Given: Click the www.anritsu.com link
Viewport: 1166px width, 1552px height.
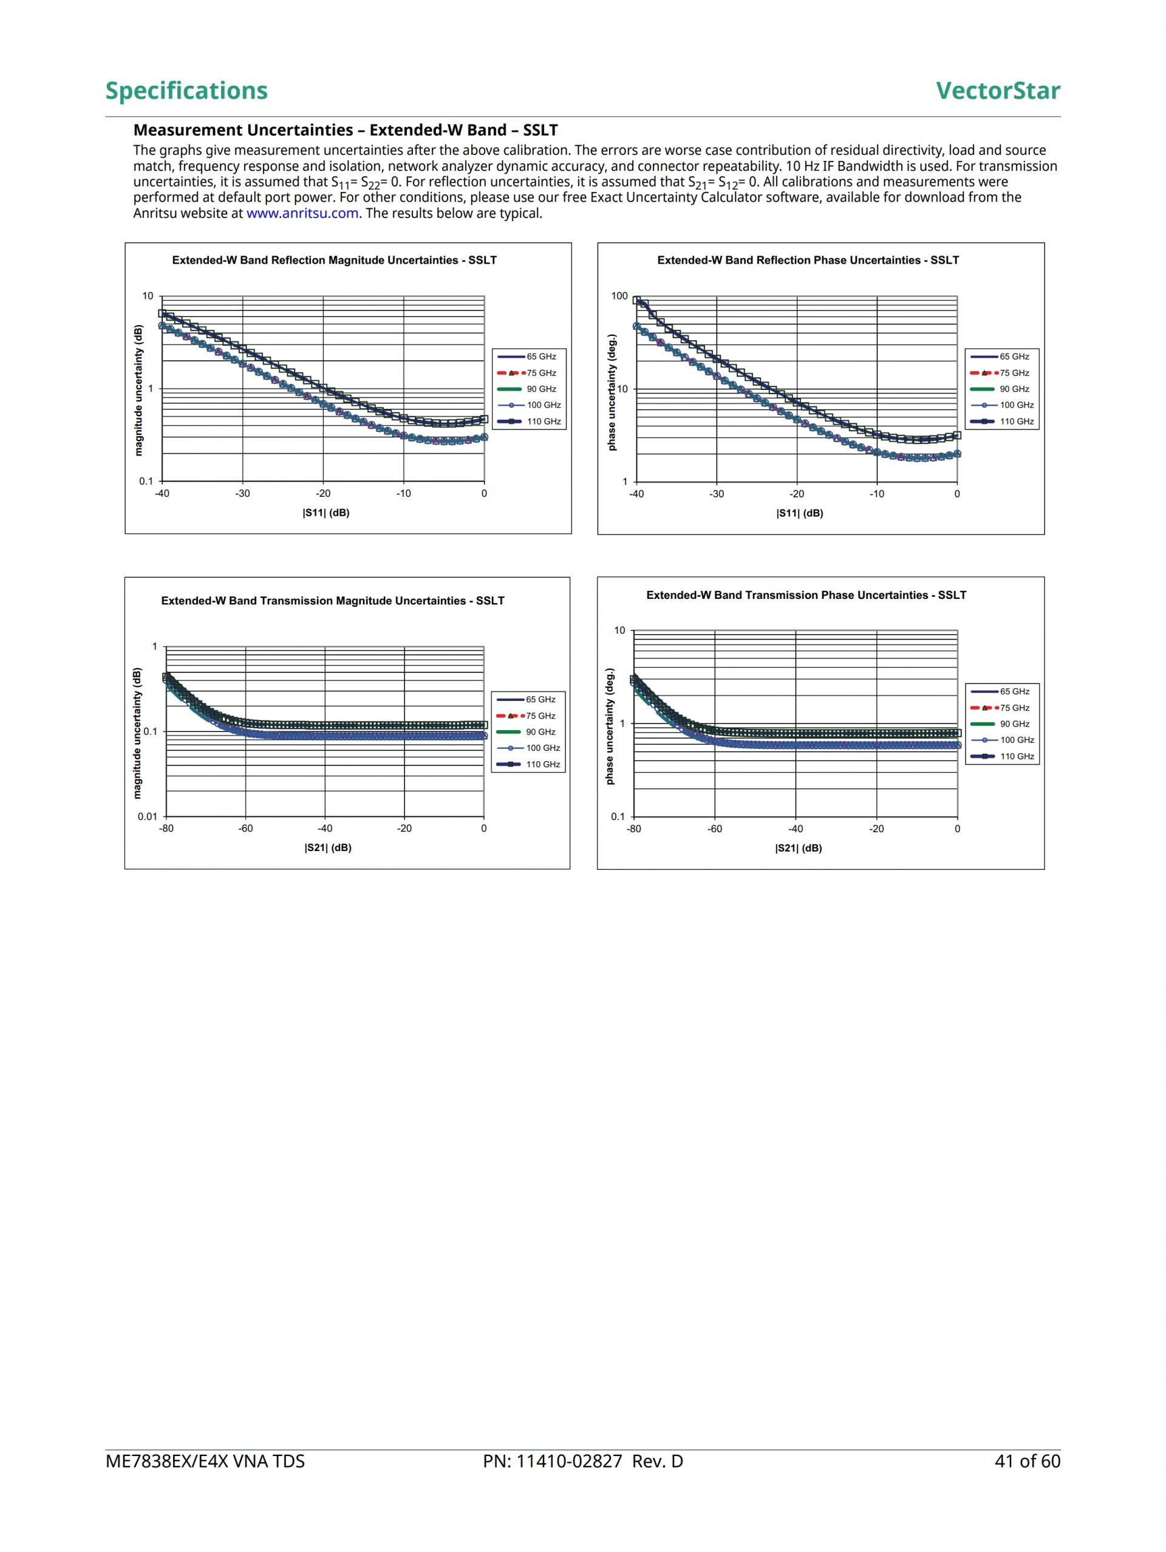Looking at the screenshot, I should (x=302, y=213).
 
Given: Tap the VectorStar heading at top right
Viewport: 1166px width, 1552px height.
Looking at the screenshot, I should (x=998, y=91).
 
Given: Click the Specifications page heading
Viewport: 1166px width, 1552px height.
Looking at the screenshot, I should (x=186, y=91).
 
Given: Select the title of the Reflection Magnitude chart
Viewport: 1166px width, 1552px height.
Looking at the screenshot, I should (x=334, y=261).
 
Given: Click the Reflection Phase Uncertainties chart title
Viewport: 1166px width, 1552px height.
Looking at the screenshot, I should (x=808, y=261).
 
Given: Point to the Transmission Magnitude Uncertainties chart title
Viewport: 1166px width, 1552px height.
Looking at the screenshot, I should (x=333, y=601).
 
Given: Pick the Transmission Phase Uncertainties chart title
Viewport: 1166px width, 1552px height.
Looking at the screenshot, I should (x=806, y=595).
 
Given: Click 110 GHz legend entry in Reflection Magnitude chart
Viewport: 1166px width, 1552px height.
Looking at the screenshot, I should (x=543, y=422).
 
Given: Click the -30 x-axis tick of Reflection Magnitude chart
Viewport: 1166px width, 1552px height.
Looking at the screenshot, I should (x=242, y=494).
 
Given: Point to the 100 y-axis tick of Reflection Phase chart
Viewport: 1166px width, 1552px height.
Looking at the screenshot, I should (x=619, y=296).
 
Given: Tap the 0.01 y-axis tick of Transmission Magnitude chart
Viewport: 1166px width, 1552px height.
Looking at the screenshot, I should (x=148, y=816).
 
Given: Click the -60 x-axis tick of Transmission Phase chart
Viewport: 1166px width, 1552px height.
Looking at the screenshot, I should (x=714, y=829).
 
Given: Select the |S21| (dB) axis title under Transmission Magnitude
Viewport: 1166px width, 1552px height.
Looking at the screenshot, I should (x=327, y=847).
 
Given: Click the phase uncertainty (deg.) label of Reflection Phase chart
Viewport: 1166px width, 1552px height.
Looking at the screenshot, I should (x=611, y=393).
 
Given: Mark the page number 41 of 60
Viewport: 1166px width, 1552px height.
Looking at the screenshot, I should (x=1027, y=1461).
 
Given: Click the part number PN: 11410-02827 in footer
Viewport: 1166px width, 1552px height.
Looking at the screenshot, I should (x=582, y=1461).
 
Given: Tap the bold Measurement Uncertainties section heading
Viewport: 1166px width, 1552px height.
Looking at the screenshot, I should (x=345, y=130).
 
